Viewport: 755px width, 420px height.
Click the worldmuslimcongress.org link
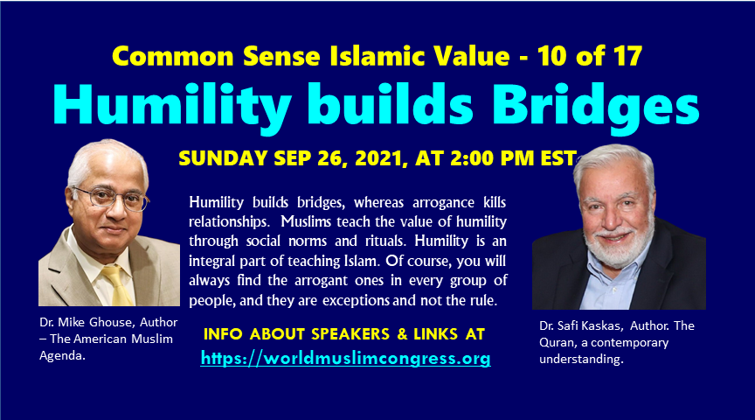(346, 358)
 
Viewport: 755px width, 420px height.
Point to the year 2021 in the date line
(381, 158)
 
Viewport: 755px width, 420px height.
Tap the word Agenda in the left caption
(62, 356)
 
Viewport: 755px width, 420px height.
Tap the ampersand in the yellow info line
(402, 333)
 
